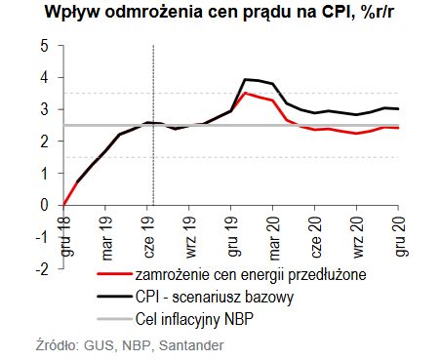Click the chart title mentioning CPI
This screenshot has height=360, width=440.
[220, 14]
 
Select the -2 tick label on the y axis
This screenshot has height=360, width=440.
[42, 268]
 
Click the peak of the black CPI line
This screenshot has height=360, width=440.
[245, 79]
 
